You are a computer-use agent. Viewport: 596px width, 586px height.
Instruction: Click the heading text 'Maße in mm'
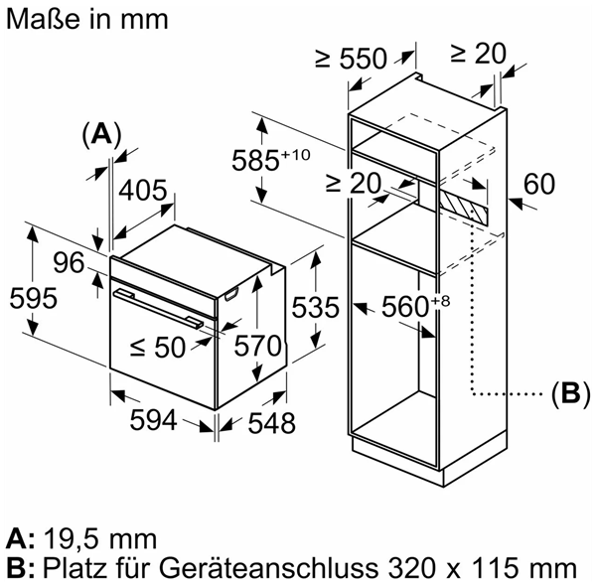[87, 20]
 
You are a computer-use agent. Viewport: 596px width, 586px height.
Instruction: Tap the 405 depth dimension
[142, 191]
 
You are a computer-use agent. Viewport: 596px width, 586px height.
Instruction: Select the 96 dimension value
[69, 262]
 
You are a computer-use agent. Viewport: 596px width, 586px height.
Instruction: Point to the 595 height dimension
[34, 298]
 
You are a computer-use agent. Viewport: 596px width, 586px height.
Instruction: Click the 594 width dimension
[154, 420]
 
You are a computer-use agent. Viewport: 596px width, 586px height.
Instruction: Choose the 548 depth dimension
[271, 423]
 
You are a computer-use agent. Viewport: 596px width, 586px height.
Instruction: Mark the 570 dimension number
[258, 346]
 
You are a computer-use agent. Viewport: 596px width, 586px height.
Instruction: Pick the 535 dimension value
[315, 307]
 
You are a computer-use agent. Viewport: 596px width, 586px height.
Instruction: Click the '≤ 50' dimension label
[157, 348]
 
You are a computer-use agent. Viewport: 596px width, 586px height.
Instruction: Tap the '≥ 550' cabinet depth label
[351, 59]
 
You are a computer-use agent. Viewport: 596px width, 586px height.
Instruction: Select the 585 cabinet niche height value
[255, 160]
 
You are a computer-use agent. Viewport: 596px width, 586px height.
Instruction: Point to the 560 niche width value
[405, 307]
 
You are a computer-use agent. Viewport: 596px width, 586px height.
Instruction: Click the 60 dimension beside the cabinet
[539, 185]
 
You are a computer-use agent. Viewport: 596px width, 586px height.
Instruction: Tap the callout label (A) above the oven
[101, 134]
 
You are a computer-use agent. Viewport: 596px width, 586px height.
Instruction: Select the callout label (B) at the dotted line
[570, 393]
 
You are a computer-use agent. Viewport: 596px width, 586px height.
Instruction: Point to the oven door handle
[161, 309]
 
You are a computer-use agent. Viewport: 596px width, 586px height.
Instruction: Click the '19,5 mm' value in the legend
[100, 539]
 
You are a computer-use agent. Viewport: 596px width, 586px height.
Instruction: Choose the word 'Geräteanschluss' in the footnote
[269, 569]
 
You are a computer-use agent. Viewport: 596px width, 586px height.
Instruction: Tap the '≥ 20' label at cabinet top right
[478, 54]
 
